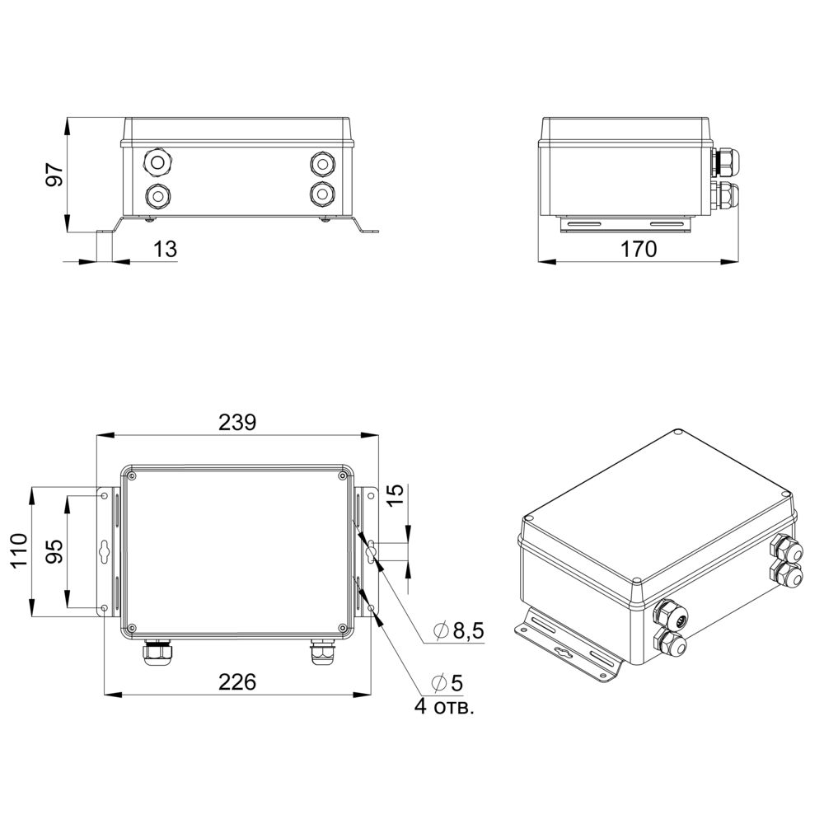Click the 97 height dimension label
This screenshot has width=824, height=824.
(55, 174)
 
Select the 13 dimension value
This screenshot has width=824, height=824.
(165, 249)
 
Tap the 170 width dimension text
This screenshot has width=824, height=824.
(639, 249)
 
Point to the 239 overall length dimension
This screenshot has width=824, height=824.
(237, 422)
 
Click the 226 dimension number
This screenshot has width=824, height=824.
(237, 681)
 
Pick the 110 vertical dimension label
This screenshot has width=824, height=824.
(20, 550)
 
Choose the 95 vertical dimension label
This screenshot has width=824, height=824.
(55, 550)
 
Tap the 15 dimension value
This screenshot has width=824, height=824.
(396, 495)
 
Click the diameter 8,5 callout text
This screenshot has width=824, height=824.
(458, 630)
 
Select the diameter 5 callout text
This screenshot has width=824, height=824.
(447, 682)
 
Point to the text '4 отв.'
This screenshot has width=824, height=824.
(444, 706)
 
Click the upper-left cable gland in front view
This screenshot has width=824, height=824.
(157, 162)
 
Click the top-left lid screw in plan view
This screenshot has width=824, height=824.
(131, 475)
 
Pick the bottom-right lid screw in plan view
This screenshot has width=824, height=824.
(343, 627)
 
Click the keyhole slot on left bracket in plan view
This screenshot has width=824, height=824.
(104, 551)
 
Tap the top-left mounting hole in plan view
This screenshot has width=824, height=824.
(104, 495)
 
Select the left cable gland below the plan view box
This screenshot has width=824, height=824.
(157, 652)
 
